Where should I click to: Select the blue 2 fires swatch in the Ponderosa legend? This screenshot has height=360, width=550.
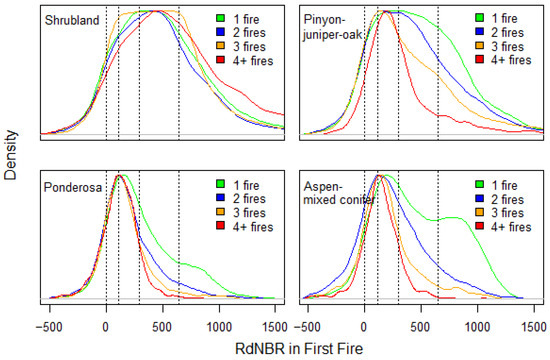[x=221, y=198]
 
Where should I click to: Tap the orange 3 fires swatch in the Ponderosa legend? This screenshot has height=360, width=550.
[x=221, y=212]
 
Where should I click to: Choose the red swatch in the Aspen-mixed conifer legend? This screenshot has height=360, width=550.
[x=479, y=226]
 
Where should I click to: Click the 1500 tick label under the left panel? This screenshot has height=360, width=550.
[x=275, y=326]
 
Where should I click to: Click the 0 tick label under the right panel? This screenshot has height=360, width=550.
[x=364, y=326]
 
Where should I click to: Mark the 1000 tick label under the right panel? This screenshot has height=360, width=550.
[x=478, y=326]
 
